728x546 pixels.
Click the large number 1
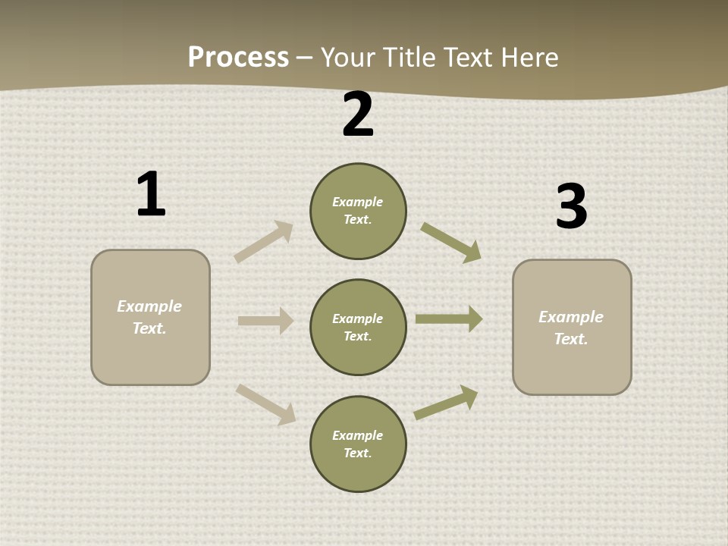[x=151, y=194]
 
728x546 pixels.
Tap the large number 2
[x=357, y=115]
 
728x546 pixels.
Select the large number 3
[x=571, y=207]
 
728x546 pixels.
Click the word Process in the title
[x=238, y=57]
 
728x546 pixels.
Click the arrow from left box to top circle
[x=264, y=242]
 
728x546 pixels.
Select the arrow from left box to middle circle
[x=265, y=321]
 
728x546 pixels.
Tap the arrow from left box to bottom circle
[x=265, y=403]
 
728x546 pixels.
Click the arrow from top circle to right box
[x=451, y=242]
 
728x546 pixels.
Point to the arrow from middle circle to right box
[x=449, y=318]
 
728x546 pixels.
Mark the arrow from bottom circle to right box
[x=446, y=402]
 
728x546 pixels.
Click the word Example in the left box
[x=149, y=306]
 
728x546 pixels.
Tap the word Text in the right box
[x=570, y=339]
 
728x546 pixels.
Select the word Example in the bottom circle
[x=357, y=435]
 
